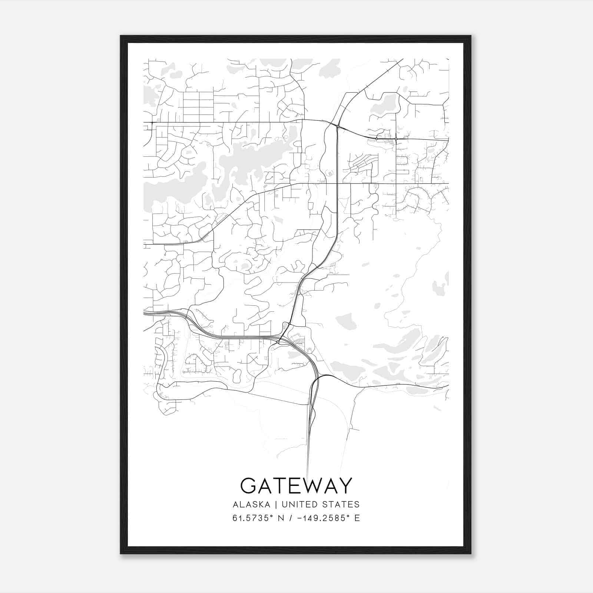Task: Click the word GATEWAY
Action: [x=296, y=486]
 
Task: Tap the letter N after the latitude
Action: [x=281, y=518]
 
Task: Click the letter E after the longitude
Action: [x=357, y=518]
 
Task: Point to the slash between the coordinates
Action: [x=290, y=518]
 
